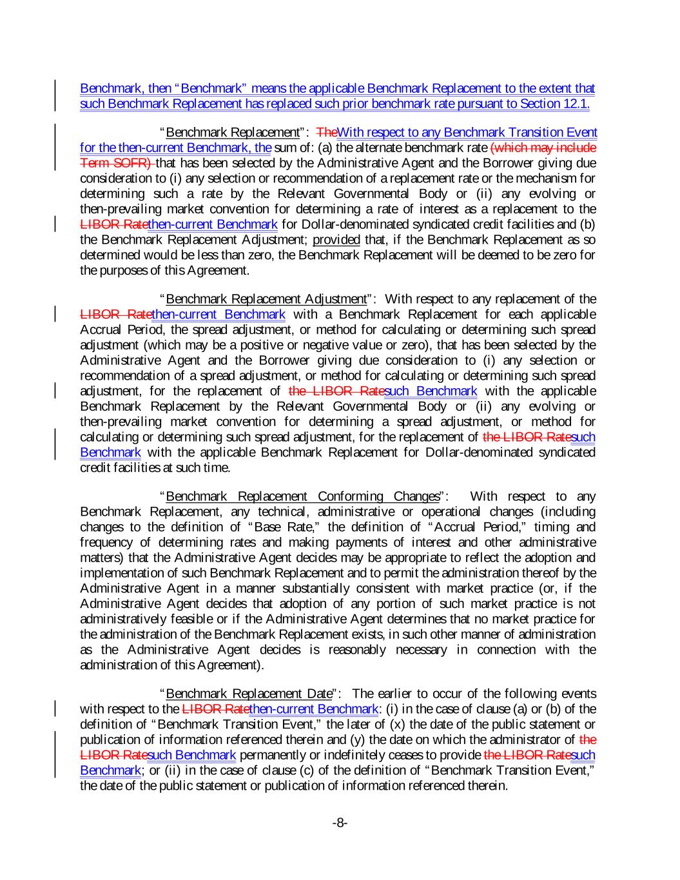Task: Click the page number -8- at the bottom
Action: [340, 823]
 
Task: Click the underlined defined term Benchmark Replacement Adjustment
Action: [266, 299]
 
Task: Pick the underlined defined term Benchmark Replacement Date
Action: [248, 694]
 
